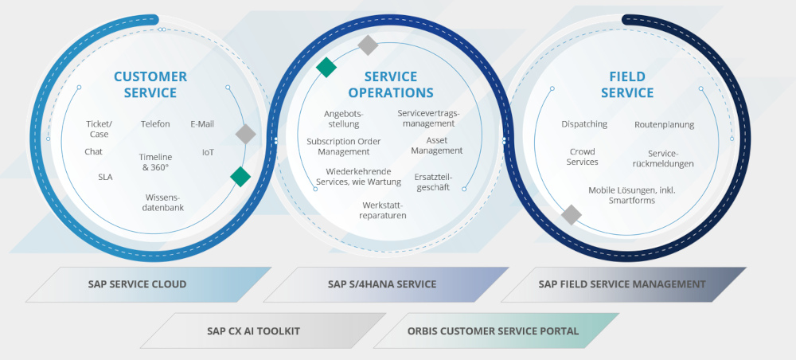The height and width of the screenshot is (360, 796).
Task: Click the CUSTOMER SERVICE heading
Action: tap(150, 84)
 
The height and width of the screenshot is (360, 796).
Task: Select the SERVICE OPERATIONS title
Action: tap(390, 84)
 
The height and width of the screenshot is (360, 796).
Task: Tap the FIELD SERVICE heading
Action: tap(627, 84)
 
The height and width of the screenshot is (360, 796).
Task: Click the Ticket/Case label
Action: tap(99, 129)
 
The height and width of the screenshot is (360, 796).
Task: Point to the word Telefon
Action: tap(155, 124)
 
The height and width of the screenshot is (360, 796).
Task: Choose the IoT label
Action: tap(208, 152)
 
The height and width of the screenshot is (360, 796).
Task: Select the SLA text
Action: tap(105, 177)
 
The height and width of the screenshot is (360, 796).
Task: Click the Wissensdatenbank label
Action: tap(163, 202)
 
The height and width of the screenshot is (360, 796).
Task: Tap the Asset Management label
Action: tap(437, 146)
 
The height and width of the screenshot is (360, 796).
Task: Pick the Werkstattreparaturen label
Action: tap(384, 210)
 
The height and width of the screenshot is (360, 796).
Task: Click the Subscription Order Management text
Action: tap(344, 147)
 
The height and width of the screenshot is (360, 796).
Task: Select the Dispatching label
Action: tap(584, 124)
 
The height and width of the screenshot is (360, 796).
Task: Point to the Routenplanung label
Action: tap(664, 125)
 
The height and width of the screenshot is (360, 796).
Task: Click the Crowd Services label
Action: tap(582, 157)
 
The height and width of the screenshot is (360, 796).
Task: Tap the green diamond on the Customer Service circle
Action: tap(240, 177)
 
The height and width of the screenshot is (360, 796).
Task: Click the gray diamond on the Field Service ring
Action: tap(572, 214)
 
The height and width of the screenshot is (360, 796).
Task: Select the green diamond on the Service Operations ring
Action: tap(326, 68)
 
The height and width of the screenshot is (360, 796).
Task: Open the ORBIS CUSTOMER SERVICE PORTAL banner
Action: tap(493, 331)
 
